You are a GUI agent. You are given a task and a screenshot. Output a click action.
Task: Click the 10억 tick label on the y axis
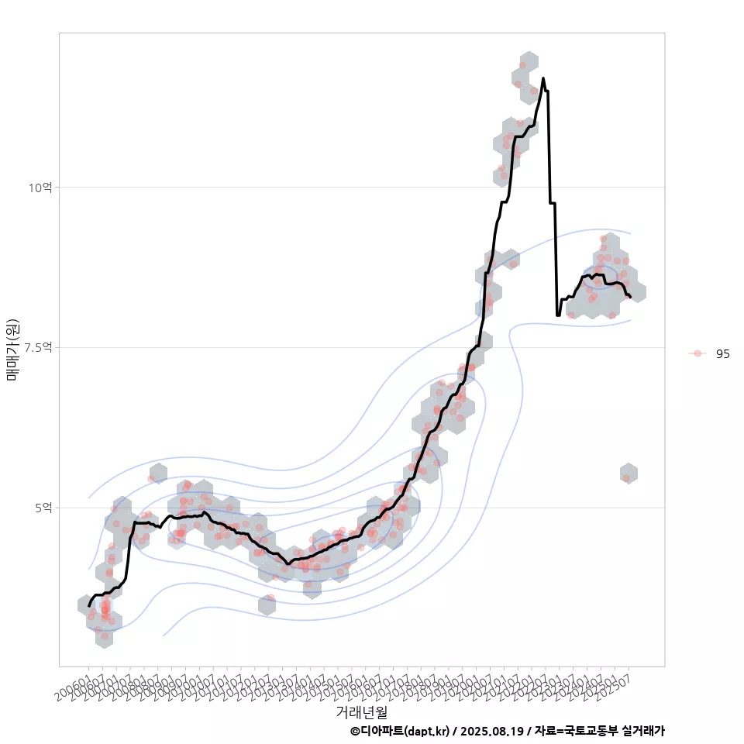coord(41,188)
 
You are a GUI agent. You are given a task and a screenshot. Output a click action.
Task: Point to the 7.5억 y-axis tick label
coord(38,348)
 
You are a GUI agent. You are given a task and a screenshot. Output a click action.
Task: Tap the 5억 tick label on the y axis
coord(43,508)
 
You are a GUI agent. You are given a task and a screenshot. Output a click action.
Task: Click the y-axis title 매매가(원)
coord(13,349)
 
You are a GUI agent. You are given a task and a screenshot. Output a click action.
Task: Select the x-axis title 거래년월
coord(362,711)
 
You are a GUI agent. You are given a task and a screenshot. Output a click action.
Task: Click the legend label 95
coord(722,353)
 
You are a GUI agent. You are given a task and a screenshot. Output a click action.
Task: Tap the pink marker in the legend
coord(697,353)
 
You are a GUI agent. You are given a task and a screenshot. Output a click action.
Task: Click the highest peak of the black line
coord(543,78)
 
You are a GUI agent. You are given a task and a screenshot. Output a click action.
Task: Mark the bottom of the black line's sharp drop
coord(558,315)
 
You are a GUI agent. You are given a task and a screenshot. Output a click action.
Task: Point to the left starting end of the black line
coord(89,605)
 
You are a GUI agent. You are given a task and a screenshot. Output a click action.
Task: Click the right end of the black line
coord(631,297)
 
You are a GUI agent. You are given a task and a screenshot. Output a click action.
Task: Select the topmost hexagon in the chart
coord(529,62)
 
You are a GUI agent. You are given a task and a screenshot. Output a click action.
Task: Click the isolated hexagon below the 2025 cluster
coord(629,474)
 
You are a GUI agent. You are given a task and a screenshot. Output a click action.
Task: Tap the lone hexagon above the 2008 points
coord(158,473)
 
